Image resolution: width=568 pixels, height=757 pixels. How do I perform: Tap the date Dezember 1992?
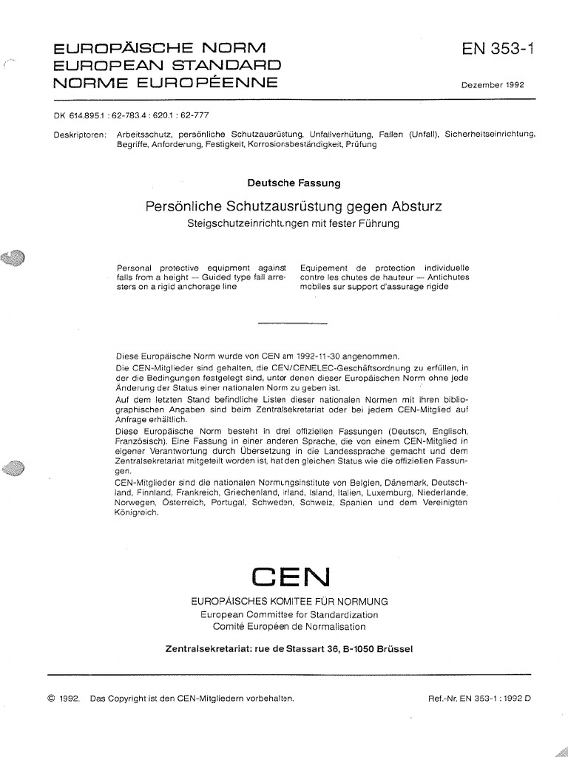click(x=493, y=85)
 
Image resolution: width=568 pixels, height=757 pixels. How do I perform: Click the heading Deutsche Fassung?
click(x=293, y=183)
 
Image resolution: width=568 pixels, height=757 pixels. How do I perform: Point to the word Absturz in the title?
click(x=416, y=207)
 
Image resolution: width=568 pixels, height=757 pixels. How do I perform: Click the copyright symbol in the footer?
click(x=52, y=698)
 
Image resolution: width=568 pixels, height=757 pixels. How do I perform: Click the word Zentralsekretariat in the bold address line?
click(x=214, y=649)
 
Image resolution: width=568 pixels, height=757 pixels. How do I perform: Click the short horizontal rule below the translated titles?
click(x=292, y=323)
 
